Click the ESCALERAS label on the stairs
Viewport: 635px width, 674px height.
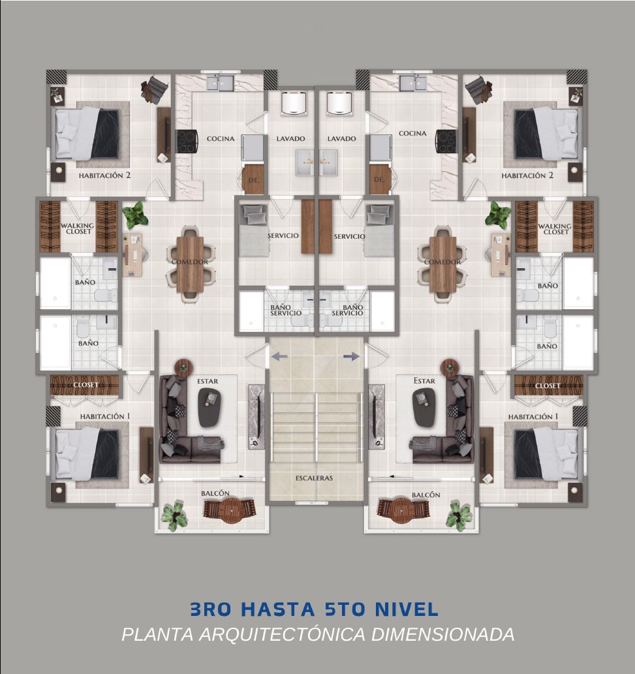(x=314, y=478)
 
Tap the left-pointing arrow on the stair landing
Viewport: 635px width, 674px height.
(x=279, y=356)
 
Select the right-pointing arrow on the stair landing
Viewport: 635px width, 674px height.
(x=351, y=356)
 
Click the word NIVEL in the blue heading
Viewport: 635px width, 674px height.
(x=407, y=609)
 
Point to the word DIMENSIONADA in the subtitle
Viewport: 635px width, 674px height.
(x=442, y=634)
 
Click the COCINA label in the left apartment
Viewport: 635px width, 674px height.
(x=221, y=139)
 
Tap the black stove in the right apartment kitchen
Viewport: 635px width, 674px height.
(x=446, y=142)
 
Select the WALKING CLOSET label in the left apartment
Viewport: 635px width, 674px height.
(x=78, y=228)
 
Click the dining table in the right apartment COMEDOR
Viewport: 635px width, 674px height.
(x=442, y=265)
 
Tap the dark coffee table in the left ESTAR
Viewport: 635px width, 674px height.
(x=209, y=408)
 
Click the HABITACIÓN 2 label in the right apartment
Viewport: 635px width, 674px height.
(x=527, y=176)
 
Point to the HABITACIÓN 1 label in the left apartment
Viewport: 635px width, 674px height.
(x=105, y=416)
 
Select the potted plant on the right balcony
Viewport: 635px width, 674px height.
(x=459, y=515)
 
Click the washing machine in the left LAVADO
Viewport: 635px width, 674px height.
(x=294, y=104)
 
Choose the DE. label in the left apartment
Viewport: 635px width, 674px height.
(x=254, y=181)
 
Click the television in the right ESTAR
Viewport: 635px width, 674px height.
(x=374, y=416)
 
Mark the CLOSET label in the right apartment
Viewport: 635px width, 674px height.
(x=548, y=386)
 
